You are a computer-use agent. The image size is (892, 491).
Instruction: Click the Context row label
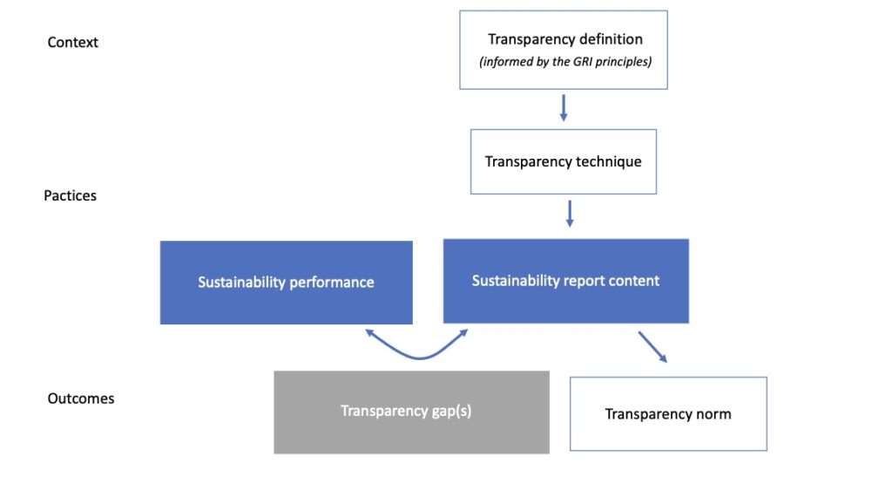point(72,42)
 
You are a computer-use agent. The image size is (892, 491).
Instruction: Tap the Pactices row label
point(70,195)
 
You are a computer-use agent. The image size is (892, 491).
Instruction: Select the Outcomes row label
point(80,399)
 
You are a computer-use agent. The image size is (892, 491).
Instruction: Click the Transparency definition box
point(563,50)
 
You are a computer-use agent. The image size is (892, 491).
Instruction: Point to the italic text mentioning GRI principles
point(564,62)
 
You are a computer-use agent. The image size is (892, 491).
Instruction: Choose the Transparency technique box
point(563,161)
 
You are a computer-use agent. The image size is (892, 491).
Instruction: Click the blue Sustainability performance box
point(286,283)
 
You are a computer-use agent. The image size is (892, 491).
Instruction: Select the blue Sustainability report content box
point(565,281)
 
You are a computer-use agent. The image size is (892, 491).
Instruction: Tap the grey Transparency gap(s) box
point(411,412)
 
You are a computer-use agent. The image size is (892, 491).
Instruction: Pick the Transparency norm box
point(668,413)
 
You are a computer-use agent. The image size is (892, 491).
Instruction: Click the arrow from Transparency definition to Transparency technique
point(563,107)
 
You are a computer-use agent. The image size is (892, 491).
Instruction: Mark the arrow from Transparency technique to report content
point(569,214)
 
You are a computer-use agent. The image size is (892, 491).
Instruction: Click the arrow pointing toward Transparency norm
point(652,346)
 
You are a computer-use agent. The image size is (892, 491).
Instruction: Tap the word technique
point(608,161)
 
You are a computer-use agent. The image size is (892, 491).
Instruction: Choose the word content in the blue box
point(634,281)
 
